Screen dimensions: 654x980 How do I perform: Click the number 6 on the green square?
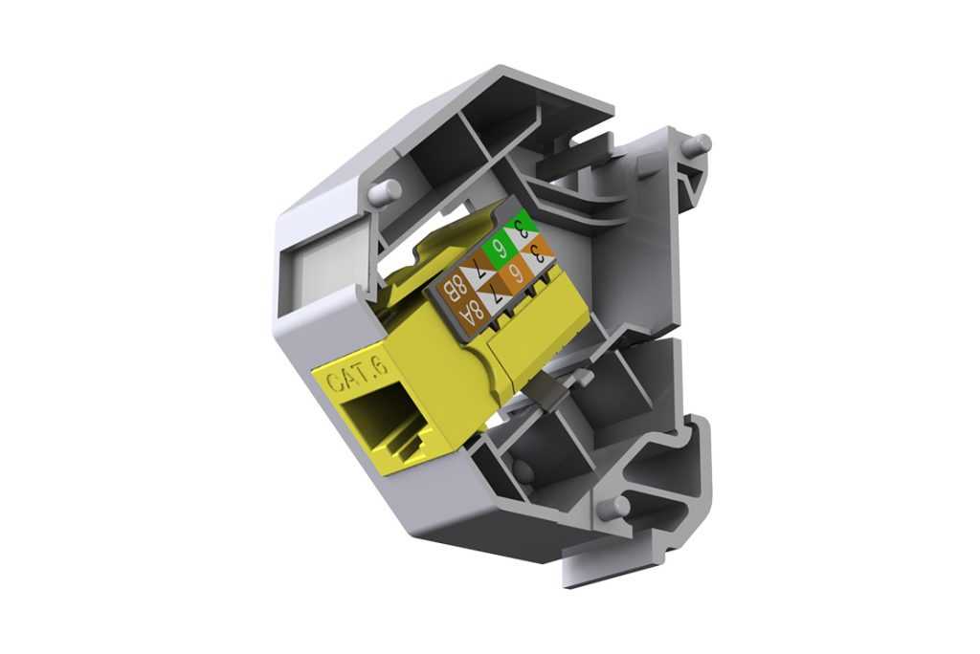pyautogui.click(x=499, y=253)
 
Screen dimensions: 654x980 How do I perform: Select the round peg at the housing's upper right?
pyautogui.click(x=696, y=144)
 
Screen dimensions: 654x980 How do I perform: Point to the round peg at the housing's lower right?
pyautogui.click(x=617, y=508)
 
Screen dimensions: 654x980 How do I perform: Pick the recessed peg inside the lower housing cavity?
pyautogui.click(x=523, y=469)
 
